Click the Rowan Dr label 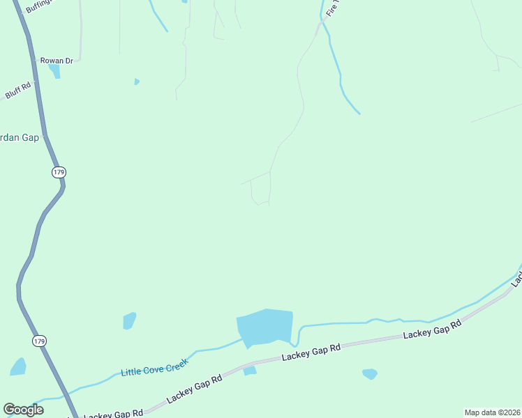coord(57,61)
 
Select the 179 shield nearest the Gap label coord(58,172)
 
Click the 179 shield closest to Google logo coord(40,341)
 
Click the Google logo coord(23,409)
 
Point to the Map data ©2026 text coord(492,412)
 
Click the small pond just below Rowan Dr coord(54,71)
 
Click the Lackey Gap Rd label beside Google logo coord(113,414)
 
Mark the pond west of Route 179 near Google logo coord(18,366)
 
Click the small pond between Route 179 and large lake coord(129,320)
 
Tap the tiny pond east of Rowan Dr coord(137,82)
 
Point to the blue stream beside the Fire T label coord(340,77)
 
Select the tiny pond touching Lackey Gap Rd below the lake coord(250,371)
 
